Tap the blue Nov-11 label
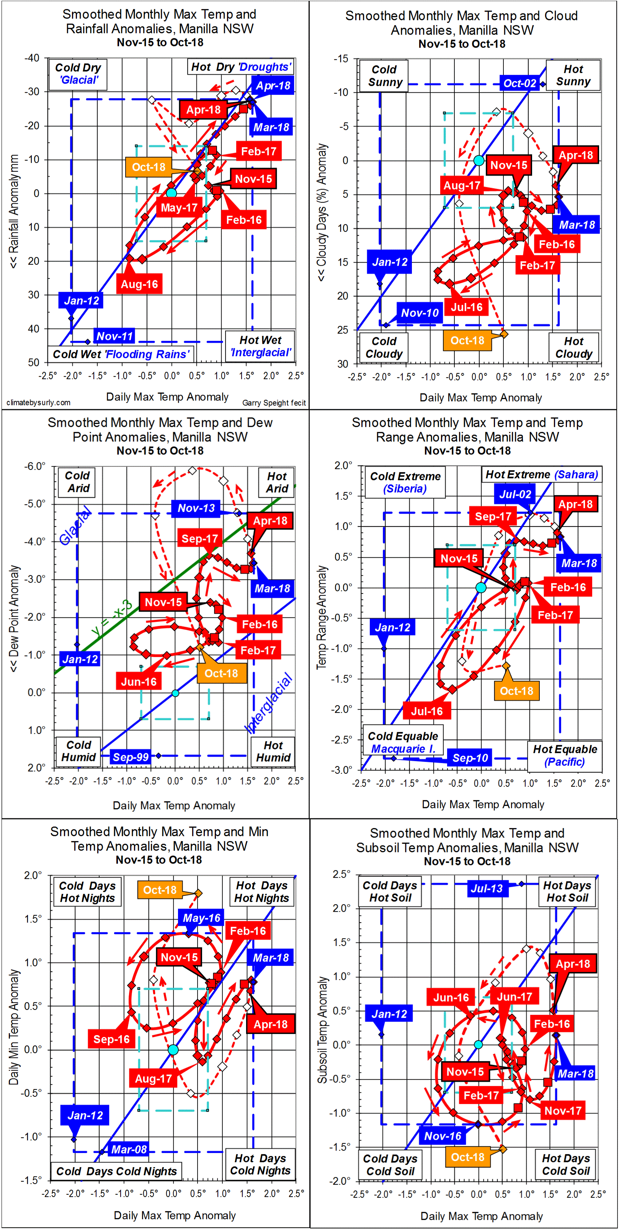tap(114, 336)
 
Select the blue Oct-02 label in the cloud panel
tap(519, 83)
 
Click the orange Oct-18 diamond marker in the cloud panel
tap(503, 334)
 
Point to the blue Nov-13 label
tap(196, 508)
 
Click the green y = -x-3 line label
tap(112, 618)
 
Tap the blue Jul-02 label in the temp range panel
tap(515, 494)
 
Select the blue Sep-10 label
tap(470, 758)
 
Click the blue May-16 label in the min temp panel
tap(202, 918)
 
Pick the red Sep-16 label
tap(111, 1039)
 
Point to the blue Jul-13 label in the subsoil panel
tap(486, 888)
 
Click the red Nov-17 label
tap(563, 1111)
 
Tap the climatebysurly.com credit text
tap(38, 403)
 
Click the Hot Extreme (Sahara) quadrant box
tap(542, 475)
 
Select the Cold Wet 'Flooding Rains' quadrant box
tap(121, 354)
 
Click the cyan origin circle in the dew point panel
tap(175, 693)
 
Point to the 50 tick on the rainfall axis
tap(33, 362)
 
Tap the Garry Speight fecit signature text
tap(274, 403)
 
